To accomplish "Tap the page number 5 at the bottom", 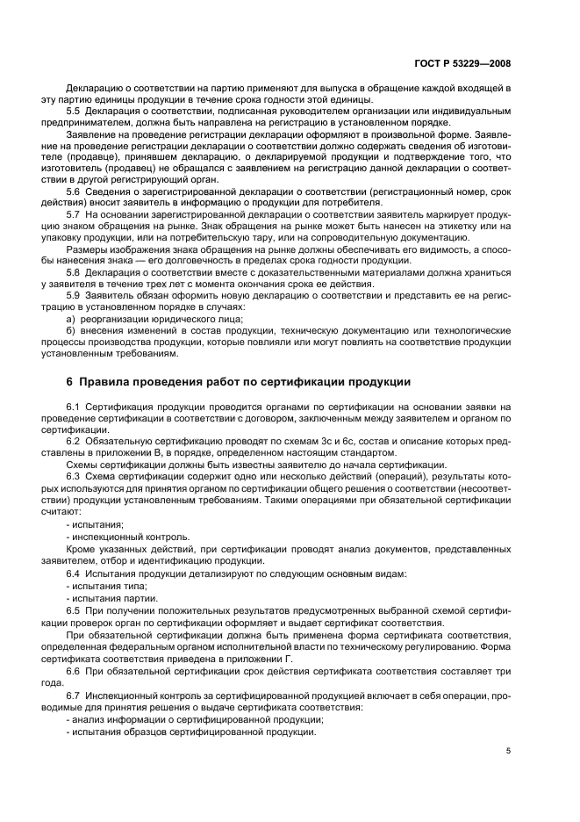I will [x=508, y=750].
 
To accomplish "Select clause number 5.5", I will [x=74, y=112].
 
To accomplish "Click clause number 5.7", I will [x=74, y=213].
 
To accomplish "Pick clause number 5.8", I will [x=74, y=272].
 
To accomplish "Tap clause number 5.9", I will [x=74, y=296].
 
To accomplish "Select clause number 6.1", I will [x=74, y=407].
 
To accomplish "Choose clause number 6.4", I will [x=74, y=573].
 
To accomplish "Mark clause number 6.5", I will [x=74, y=609].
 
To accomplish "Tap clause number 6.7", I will [x=74, y=695].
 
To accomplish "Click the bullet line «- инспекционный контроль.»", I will [x=115, y=536].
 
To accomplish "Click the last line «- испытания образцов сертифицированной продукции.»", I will [x=191, y=731].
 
